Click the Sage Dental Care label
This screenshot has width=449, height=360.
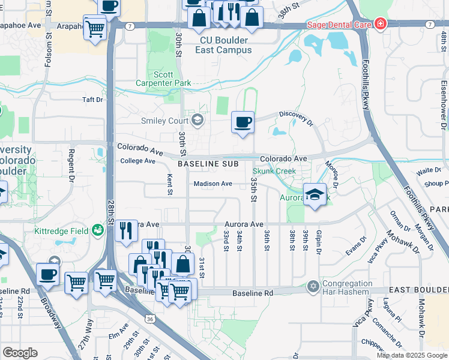pyautogui.click(x=339, y=25)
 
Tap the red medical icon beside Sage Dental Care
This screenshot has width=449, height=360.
pyautogui.click(x=380, y=25)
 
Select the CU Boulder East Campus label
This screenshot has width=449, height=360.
pyautogui.click(x=223, y=46)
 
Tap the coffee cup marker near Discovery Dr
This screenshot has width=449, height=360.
pyautogui.click(x=243, y=122)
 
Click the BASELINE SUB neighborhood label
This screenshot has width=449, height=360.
pyautogui.click(x=208, y=164)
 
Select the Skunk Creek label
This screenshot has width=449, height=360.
pyautogui.click(x=278, y=172)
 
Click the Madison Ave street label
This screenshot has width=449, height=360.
pyautogui.click(x=212, y=184)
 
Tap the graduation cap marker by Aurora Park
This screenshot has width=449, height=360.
pyautogui.click(x=314, y=194)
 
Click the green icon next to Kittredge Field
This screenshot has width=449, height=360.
pyautogui.click(x=97, y=229)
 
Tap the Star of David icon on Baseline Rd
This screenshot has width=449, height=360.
pyautogui.click(x=312, y=286)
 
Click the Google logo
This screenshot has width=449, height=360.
pyautogui.click(x=19, y=353)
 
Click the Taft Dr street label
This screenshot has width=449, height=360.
pyautogui.click(x=92, y=100)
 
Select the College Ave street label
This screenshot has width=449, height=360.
pyautogui.click(x=137, y=161)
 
